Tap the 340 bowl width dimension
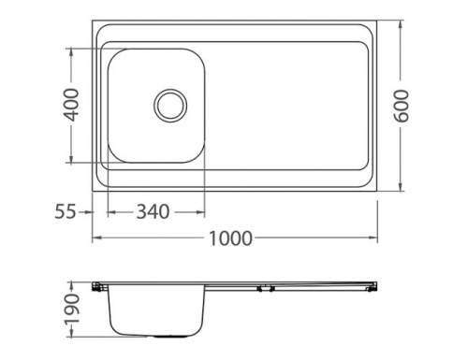pos(154,212)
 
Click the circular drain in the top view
pos(170,104)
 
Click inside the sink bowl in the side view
pos(156,309)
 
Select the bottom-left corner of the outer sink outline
pos(92,190)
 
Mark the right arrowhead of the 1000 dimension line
pos(376,238)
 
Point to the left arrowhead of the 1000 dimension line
pos(94,238)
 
